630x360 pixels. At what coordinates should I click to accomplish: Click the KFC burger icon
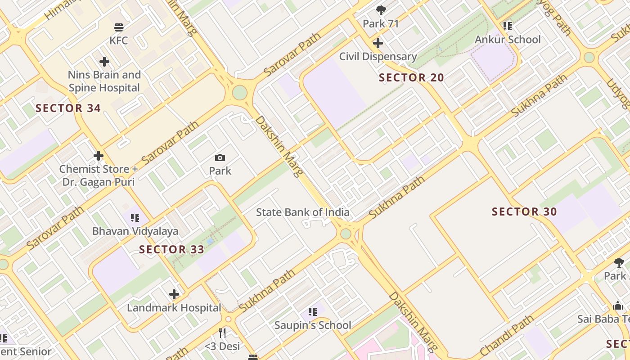point(119,27)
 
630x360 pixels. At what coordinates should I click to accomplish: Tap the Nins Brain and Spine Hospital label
point(104,81)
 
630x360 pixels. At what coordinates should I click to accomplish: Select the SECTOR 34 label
point(68,108)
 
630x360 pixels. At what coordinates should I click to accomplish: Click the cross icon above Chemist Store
point(99,156)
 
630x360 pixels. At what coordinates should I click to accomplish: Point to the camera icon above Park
point(220,157)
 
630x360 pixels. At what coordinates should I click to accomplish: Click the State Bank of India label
point(302,212)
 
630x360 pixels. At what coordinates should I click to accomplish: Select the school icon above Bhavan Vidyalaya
point(135,218)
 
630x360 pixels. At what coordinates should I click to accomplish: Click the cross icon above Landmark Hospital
point(174,295)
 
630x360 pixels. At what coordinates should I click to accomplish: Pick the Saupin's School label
point(313,325)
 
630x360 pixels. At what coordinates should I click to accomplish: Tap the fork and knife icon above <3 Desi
point(222,333)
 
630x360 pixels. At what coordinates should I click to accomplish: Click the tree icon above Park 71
point(381,10)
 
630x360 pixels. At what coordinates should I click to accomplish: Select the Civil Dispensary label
point(378,57)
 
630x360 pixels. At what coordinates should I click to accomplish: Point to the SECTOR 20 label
point(411,77)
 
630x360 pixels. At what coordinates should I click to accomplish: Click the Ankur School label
point(508,40)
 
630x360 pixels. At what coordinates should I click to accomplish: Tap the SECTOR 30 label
point(524,211)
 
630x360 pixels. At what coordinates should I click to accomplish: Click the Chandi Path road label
point(506,335)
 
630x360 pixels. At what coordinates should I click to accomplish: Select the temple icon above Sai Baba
point(618,306)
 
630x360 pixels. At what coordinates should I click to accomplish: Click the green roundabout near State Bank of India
point(346,234)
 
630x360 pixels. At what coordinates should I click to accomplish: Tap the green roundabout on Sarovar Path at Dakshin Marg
point(240,92)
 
